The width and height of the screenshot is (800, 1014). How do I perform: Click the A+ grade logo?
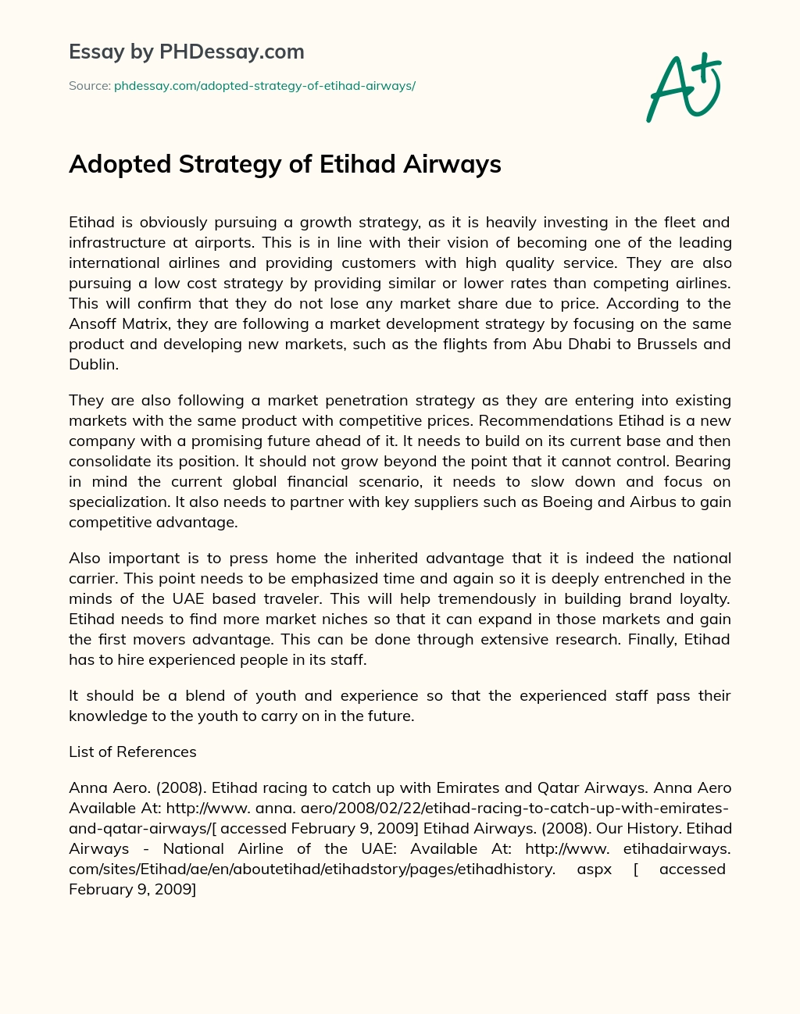click(x=684, y=88)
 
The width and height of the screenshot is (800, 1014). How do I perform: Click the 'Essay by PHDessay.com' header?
click(x=187, y=52)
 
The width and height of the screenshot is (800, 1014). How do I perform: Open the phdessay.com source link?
click(x=265, y=86)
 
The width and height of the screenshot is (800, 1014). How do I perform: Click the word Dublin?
click(x=93, y=364)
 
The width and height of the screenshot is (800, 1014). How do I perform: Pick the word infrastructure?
click(x=119, y=242)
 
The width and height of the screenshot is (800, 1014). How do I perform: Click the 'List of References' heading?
click(x=133, y=752)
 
